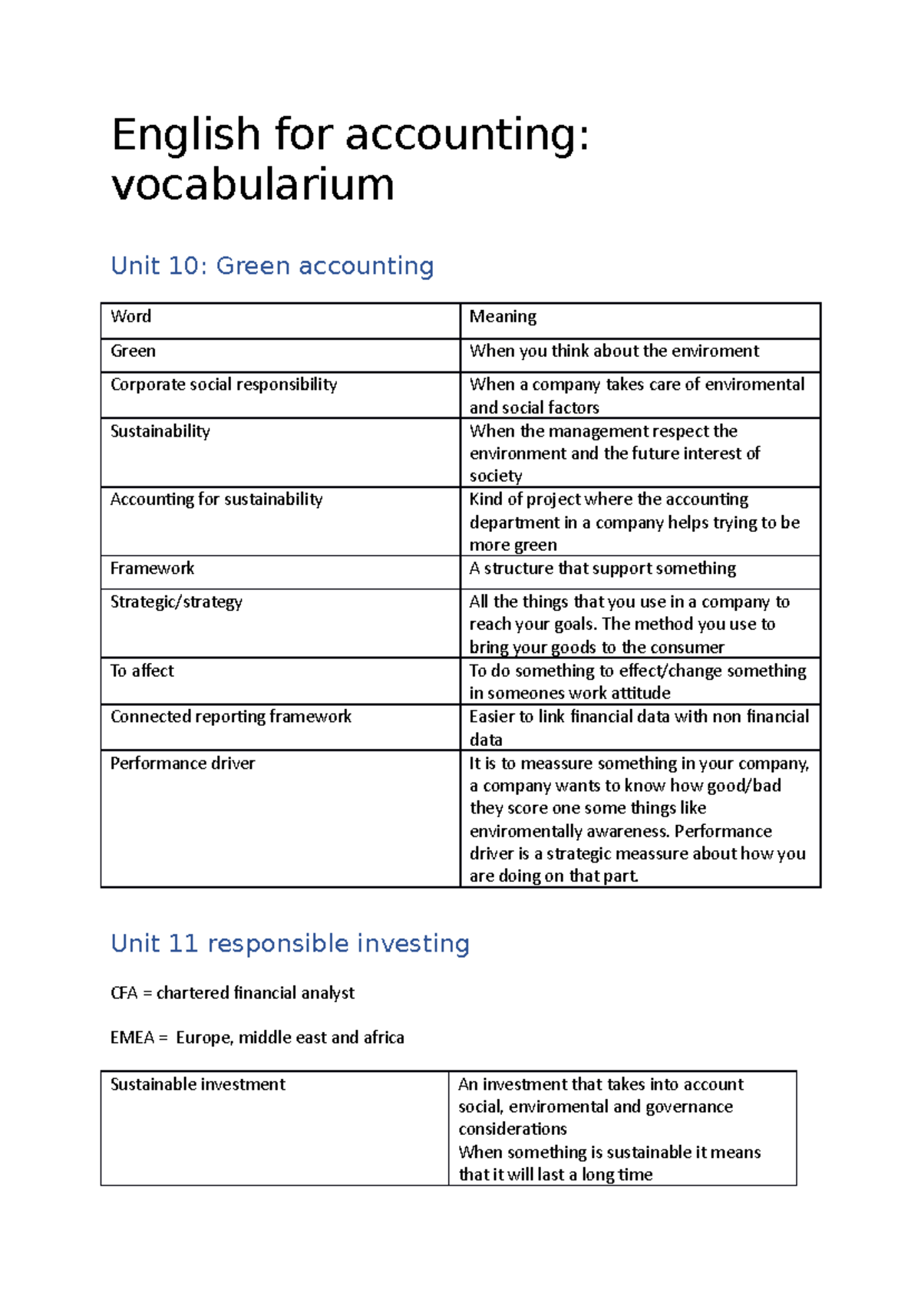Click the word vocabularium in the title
click(253, 185)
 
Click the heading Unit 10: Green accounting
click(272, 266)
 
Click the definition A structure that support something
click(602, 569)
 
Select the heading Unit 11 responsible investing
click(289, 943)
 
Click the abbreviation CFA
click(124, 993)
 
